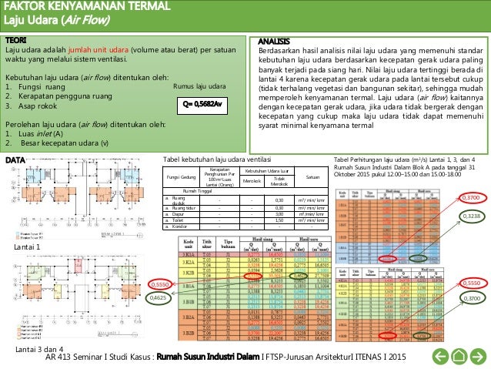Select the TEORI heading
tap(17, 39)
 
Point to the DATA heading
tap(15, 159)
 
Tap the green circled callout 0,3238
tap(473, 216)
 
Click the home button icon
tap(459, 355)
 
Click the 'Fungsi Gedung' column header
tap(181, 176)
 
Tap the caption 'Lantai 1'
tap(27, 228)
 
